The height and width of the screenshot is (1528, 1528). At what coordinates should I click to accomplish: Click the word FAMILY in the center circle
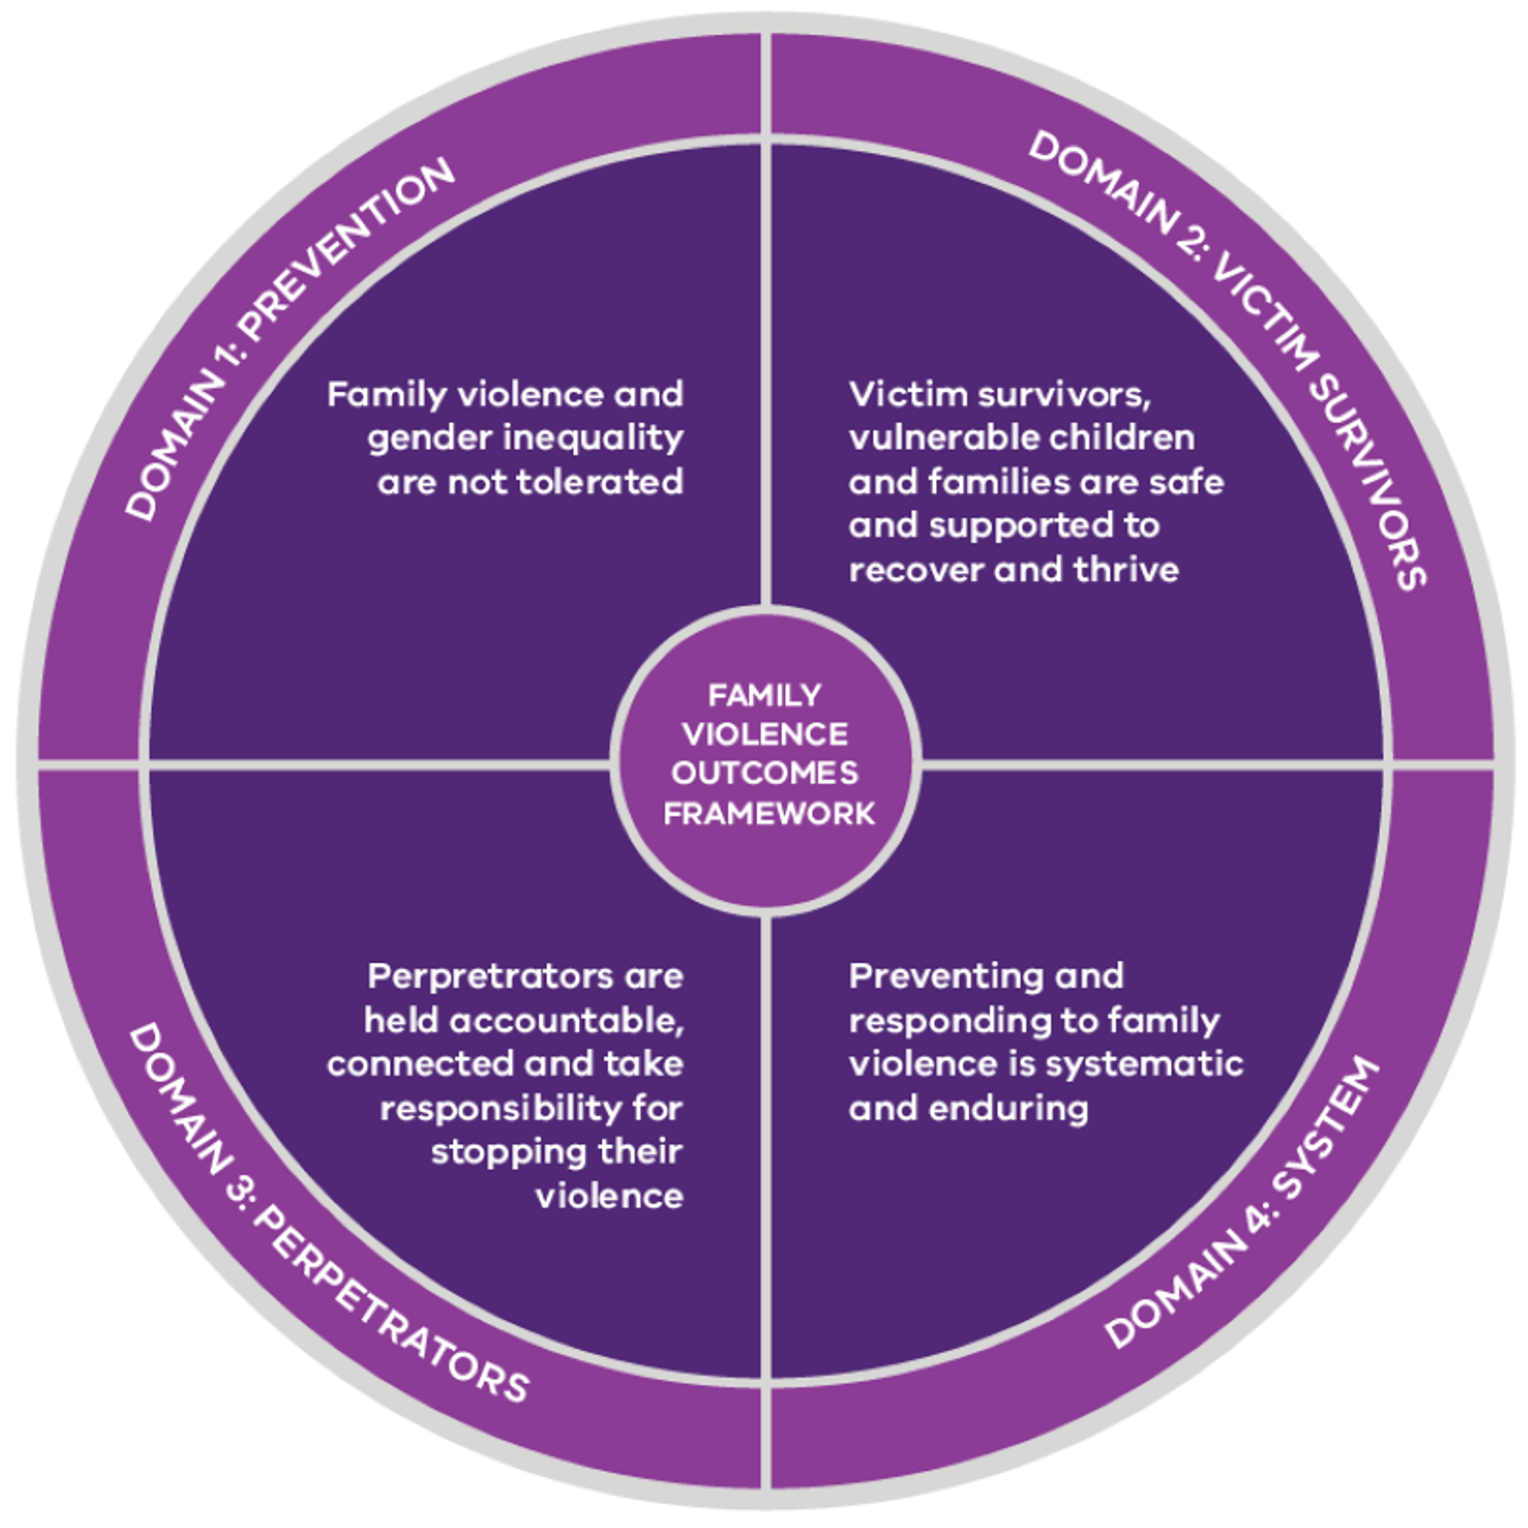[x=764, y=694]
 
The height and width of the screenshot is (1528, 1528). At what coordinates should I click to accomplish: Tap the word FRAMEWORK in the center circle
[x=768, y=814]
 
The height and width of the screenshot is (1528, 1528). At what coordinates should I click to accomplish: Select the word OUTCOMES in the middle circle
[x=764, y=773]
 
